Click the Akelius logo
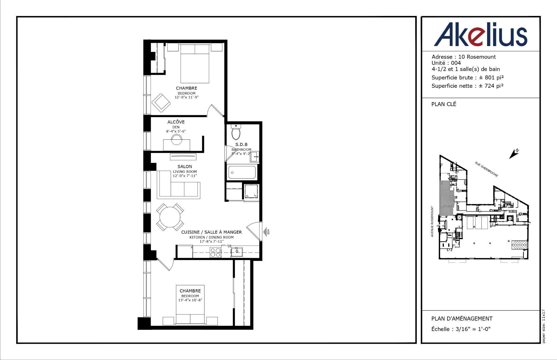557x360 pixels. pos(480,34)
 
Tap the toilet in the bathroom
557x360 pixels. pos(236,133)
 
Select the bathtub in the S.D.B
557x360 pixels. pos(242,172)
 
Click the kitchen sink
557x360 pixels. pos(237,252)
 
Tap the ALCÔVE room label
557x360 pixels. pos(176,122)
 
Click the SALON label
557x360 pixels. pos(185,166)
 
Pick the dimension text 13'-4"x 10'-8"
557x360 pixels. pos(190,300)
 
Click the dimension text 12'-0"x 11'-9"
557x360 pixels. pos(187,97)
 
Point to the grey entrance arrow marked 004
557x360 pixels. pos(265,232)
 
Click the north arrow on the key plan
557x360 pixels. pos(514,154)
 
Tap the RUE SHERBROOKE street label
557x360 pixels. pos(487,169)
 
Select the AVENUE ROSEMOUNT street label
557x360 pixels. pos(432,221)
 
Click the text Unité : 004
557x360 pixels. pos(446,63)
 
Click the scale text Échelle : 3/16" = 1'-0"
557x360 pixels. pos(461,329)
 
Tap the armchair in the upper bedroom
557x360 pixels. pos(162,103)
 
